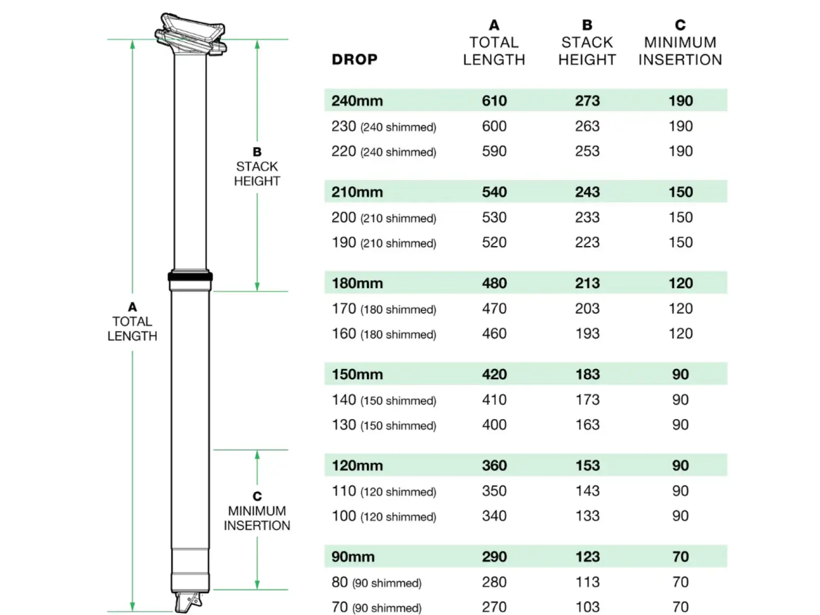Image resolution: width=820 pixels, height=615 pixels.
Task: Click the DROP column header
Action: tap(355, 59)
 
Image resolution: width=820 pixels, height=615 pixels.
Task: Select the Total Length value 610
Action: tap(494, 101)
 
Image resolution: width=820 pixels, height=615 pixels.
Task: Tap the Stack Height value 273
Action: tap(587, 101)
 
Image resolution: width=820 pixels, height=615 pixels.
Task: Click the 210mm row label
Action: tap(357, 192)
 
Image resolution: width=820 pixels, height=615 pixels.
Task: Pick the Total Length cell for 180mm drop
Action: tap(494, 283)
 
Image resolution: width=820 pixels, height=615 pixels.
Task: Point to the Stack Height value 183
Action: tap(587, 374)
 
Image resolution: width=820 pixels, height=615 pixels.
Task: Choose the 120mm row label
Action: tap(357, 466)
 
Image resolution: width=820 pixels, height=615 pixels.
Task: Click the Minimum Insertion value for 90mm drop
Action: tap(680, 557)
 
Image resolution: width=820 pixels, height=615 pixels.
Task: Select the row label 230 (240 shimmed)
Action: tap(384, 127)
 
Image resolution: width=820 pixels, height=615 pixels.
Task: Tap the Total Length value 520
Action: tap(494, 242)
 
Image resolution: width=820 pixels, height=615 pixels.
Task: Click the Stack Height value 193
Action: tap(587, 334)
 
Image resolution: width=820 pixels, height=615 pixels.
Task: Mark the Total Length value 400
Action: tap(494, 424)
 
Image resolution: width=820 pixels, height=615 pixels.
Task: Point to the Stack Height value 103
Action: tap(587, 607)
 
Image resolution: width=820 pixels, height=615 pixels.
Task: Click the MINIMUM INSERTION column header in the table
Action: tap(680, 51)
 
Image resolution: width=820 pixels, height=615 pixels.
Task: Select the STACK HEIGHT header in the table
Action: tap(587, 51)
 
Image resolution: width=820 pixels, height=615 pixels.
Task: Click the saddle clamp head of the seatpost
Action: tap(191, 34)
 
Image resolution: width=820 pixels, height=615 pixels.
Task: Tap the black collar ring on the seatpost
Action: tap(190, 277)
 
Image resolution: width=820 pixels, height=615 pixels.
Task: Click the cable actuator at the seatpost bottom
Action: tap(188, 602)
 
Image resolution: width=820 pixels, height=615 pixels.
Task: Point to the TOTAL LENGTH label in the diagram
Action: tap(132, 329)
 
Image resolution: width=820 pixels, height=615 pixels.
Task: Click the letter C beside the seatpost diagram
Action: tap(257, 496)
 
